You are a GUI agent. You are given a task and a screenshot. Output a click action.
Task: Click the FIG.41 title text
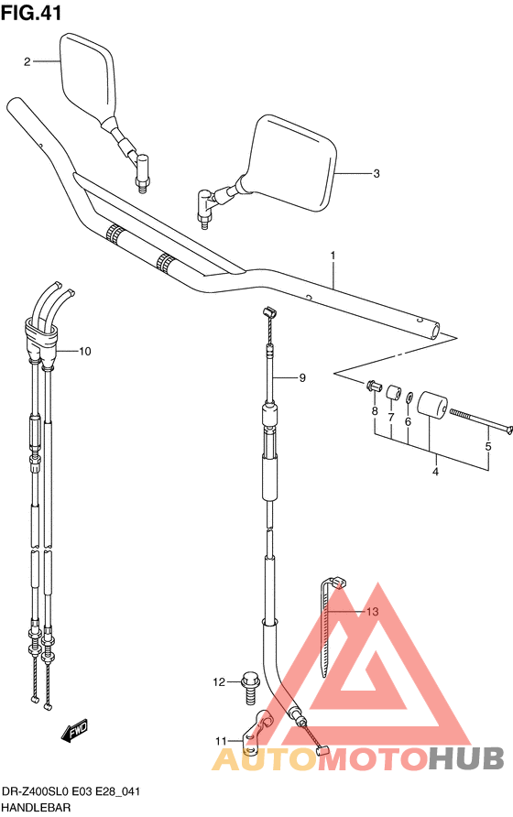click(31, 13)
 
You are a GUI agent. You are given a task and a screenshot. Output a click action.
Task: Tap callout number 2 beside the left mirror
click(27, 62)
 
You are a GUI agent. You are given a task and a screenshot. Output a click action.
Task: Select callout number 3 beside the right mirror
click(377, 173)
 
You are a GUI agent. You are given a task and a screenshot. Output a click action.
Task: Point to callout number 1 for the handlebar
click(333, 256)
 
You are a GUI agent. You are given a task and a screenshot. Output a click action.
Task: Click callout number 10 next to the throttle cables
click(84, 351)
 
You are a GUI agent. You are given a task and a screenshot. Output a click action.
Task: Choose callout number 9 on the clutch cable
click(302, 377)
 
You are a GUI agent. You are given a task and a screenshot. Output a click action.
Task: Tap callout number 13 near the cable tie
click(372, 612)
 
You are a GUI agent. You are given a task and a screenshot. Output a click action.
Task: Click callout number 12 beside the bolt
click(219, 682)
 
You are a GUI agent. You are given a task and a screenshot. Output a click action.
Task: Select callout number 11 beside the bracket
click(221, 741)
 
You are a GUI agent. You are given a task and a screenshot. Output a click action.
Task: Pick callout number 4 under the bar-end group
click(435, 472)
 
